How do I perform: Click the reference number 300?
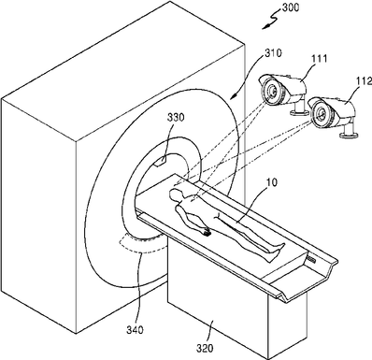(x=290, y=7)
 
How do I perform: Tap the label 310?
(x=273, y=52)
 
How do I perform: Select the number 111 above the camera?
(x=320, y=59)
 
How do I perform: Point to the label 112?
(x=364, y=81)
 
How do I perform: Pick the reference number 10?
(x=271, y=182)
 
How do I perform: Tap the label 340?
(x=135, y=330)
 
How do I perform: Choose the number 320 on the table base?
(x=205, y=348)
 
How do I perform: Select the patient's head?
(x=175, y=194)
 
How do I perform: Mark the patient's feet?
(x=276, y=252)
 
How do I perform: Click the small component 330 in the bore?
(x=160, y=162)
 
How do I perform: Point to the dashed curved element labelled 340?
(x=143, y=245)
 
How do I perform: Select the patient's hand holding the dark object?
(x=206, y=231)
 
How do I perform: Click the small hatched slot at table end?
(x=311, y=258)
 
